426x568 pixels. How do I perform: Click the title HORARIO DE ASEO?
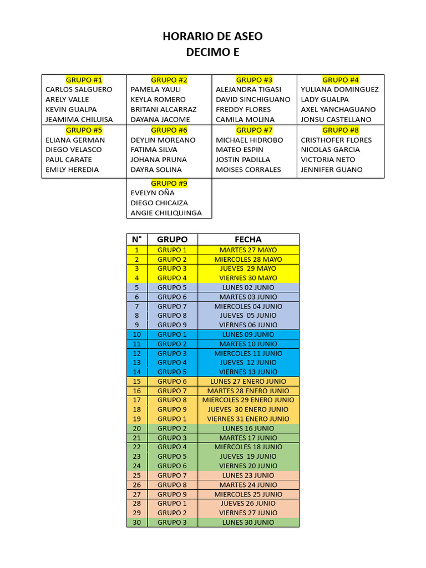[212, 37]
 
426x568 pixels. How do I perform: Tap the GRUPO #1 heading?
[84, 80]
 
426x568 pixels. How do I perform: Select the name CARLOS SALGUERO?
[79, 89]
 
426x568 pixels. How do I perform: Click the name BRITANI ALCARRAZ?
[164, 109]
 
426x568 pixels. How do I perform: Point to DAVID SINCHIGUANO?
[253, 99]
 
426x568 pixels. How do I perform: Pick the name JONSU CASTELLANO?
[336, 119]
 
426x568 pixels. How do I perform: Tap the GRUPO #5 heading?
[84, 130]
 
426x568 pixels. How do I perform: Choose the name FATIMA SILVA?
[154, 150]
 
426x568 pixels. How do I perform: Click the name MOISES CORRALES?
[248, 170]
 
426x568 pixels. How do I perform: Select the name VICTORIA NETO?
[328, 160]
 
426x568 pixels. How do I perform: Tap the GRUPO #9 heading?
[169, 183]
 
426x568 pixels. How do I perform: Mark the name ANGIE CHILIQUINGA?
[166, 213]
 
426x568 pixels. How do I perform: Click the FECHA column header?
[248, 240]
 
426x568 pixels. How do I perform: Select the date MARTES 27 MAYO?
[248, 250]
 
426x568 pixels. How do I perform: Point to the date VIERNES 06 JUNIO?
[248, 325]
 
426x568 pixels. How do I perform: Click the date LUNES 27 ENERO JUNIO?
[248, 381]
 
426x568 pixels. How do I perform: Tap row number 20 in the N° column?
[136, 428]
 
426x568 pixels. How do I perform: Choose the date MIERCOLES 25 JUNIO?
[248, 494]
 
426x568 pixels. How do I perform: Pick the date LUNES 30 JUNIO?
[248, 523]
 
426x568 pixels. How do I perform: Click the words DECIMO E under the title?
[212, 53]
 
